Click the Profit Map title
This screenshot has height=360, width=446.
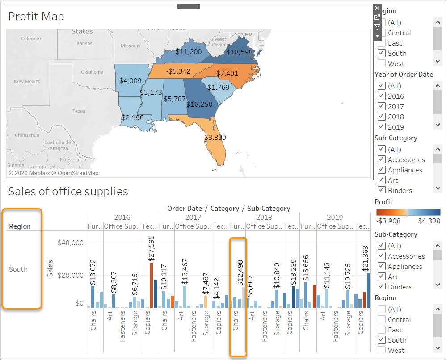pos(36,17)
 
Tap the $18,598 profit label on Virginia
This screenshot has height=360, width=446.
pos(240,52)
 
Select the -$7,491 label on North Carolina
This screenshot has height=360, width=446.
pos(226,73)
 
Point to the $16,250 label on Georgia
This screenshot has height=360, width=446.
pos(199,104)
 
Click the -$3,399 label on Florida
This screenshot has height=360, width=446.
pos(214,137)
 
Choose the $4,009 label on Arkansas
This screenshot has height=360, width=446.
pos(130,81)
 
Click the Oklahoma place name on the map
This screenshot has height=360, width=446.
pos(92,72)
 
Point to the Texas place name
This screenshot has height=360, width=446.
pos(79,111)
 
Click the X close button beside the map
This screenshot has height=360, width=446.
pos(377,8)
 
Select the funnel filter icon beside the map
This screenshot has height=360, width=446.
pos(377,27)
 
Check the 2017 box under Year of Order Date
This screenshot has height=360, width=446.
pos(382,106)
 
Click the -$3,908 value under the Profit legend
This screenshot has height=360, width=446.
pos(389,221)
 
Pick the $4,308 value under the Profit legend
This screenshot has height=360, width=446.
pos(429,221)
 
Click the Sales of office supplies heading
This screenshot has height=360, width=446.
pos(68,192)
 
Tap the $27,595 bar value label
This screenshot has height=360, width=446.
pos(151,248)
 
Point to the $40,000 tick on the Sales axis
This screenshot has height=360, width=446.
pos(71,243)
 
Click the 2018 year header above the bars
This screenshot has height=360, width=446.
pos(264,218)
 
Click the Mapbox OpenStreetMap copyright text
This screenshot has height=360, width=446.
pos(54,173)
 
